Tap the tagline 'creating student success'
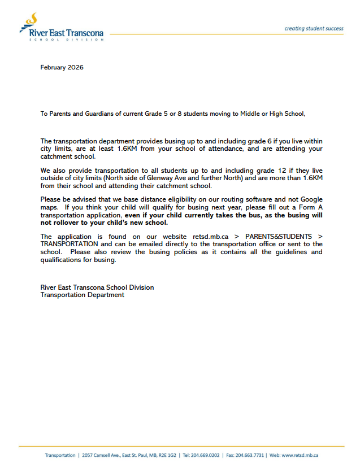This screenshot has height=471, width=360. (x=313, y=28)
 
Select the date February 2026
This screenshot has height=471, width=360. (x=62, y=67)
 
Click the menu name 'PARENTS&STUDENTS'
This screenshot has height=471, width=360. (x=276, y=237)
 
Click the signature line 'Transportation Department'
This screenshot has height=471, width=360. (x=82, y=295)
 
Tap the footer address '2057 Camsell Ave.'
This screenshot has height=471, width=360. (x=104, y=455)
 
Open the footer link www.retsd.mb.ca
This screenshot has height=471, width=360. (x=300, y=455)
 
